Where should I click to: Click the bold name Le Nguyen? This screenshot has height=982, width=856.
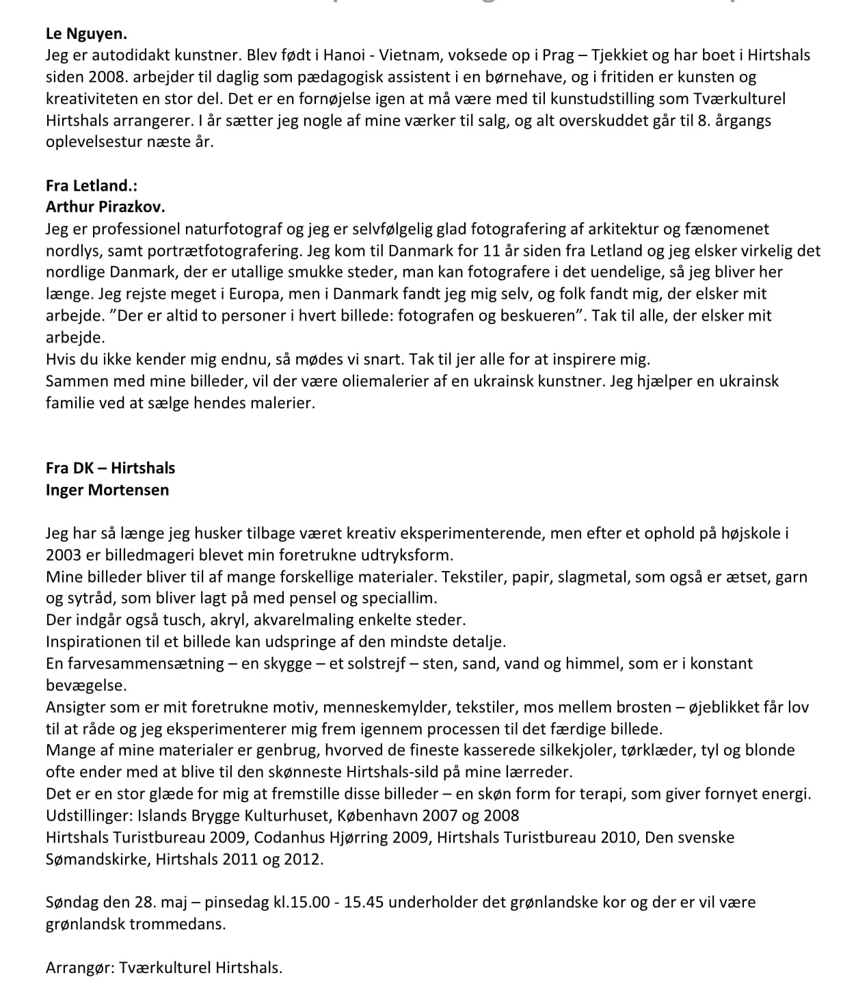86,33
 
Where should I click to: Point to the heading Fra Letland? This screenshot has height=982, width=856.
92,185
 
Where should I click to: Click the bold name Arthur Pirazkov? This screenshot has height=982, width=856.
105,207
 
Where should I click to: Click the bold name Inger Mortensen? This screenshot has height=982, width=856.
107,490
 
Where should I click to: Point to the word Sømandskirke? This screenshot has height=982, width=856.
96,859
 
